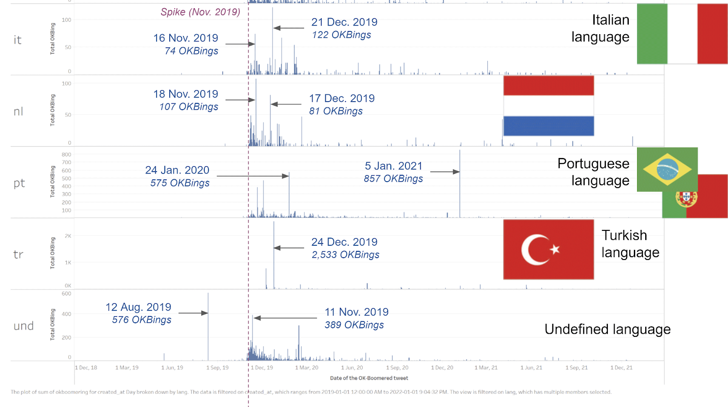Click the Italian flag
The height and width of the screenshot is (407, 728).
(x=682, y=34)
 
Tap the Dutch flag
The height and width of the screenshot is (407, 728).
(x=548, y=106)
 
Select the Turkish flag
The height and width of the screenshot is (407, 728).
(x=548, y=249)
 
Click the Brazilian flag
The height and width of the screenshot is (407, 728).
(x=667, y=169)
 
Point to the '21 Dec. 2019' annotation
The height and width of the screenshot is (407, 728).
(x=344, y=22)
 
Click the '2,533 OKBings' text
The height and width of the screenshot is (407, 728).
(x=345, y=255)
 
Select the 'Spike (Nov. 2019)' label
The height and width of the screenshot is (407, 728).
(x=200, y=12)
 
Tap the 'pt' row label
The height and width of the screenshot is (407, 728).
(x=19, y=183)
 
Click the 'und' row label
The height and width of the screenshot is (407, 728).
(x=24, y=326)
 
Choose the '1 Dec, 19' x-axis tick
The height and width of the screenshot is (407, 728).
(x=262, y=368)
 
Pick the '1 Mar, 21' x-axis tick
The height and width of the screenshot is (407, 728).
(x=486, y=368)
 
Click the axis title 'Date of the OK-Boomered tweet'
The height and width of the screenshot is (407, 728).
(x=369, y=378)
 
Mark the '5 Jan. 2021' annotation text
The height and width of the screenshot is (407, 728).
(x=394, y=166)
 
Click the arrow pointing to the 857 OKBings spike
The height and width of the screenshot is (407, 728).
(x=445, y=172)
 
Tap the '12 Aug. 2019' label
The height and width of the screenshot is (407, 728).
(x=138, y=307)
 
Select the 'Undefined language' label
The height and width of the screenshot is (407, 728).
(x=607, y=329)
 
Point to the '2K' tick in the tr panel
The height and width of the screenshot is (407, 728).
(x=68, y=236)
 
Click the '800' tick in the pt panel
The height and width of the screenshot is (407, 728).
(x=66, y=155)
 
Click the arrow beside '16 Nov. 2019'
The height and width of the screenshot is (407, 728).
(x=240, y=44)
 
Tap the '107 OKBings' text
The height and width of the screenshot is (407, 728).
(x=189, y=107)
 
